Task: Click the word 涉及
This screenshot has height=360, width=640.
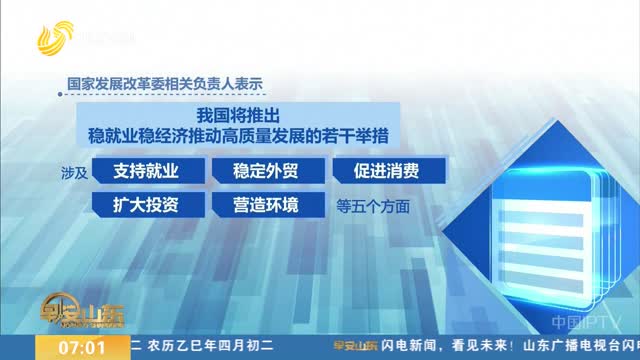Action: coord(75,171)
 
